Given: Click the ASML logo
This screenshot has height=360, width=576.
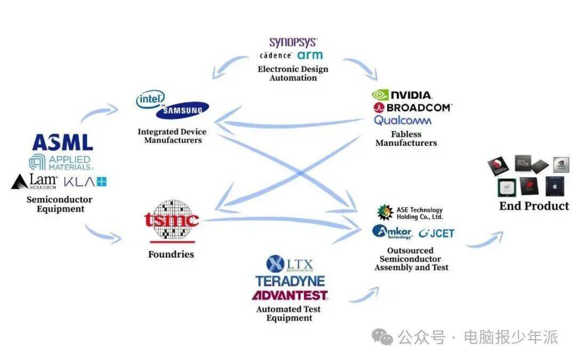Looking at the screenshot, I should click(x=62, y=142).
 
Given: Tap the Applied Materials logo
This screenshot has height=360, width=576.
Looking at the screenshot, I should click(x=60, y=162).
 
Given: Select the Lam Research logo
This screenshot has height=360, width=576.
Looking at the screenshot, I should click(x=34, y=181).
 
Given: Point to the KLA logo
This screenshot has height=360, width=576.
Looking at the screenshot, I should click(x=85, y=181).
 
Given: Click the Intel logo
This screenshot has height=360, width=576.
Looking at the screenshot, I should click(x=150, y=99).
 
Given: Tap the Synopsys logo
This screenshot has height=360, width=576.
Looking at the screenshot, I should click(x=293, y=42).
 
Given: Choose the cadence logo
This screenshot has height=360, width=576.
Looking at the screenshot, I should click(x=275, y=55).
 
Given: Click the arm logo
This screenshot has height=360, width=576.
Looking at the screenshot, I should click(x=310, y=55).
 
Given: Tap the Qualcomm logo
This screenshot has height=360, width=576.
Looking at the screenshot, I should click(x=403, y=121).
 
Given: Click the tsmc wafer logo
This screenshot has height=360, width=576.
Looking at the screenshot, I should click(x=172, y=219).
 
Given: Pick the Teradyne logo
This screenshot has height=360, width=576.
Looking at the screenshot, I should click(x=290, y=281).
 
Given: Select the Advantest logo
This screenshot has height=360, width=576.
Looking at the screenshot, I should click(x=290, y=295).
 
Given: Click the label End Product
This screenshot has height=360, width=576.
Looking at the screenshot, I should click(x=534, y=206).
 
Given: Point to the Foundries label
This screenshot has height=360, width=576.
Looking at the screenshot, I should click(x=171, y=254).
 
